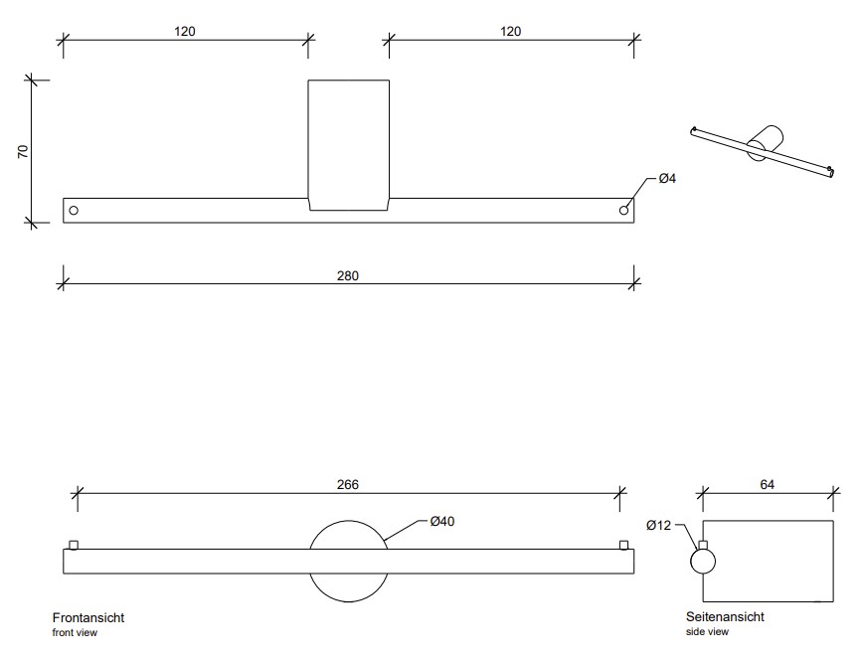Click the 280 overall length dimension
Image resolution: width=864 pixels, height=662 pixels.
(x=348, y=275)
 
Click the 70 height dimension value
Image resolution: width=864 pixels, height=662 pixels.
(x=23, y=150)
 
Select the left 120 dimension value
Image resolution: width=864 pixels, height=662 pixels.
(x=185, y=31)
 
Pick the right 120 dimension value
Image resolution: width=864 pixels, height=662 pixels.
(x=510, y=31)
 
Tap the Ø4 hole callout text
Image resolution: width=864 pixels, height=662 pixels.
(x=667, y=179)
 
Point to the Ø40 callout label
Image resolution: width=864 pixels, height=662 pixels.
(x=442, y=521)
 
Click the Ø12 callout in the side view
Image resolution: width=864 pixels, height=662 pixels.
(x=658, y=525)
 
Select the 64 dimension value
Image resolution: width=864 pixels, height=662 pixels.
(x=767, y=484)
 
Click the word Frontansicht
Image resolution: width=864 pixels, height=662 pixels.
(x=88, y=617)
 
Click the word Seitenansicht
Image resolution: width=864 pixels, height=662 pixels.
(x=725, y=616)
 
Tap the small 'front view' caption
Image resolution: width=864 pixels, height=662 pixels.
(x=75, y=632)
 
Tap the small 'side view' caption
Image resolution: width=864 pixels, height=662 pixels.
(x=707, y=631)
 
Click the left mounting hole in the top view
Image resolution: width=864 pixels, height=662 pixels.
(x=74, y=210)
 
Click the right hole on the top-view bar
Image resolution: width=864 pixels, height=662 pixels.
(x=624, y=210)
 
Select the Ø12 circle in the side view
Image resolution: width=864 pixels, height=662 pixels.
(x=703, y=562)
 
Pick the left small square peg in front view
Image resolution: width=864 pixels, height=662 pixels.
(x=74, y=544)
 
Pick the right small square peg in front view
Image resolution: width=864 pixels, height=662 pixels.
(x=623, y=544)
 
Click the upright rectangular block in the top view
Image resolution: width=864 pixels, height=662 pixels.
(x=348, y=144)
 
